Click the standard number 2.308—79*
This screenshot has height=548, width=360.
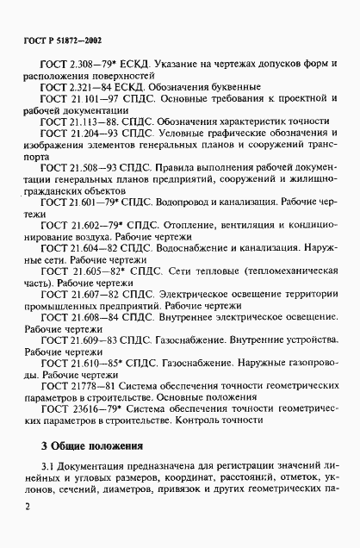94,65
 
